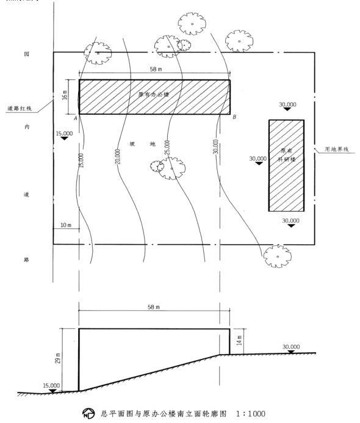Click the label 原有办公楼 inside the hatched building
pyautogui.click(x=154, y=95)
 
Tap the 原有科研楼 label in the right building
pyautogui.click(x=287, y=155)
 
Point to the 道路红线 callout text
pyautogui.click(x=20, y=109)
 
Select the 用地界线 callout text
pyautogui.click(x=337, y=149)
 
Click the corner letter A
pyautogui.click(x=76, y=118)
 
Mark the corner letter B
pyautogui.click(x=234, y=117)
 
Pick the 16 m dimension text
pyautogui.click(x=65, y=95)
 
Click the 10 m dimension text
pyautogui.click(x=66, y=225)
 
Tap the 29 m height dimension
pyautogui.click(x=58, y=358)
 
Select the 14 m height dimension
pyautogui.click(x=239, y=341)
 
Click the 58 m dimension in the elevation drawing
pyautogui.click(x=153, y=307)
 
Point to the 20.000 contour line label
pyautogui.click(x=118, y=156)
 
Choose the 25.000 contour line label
pyautogui.click(x=167, y=147)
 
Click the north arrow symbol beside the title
pyautogui.click(x=88, y=414)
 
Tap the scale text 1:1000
pyautogui.click(x=251, y=414)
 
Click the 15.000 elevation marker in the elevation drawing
pyautogui.click(x=51, y=388)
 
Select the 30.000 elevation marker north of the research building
pyautogui.click(x=287, y=106)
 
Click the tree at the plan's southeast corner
pyautogui.click(x=277, y=256)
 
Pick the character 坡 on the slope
pyautogui.click(x=132, y=144)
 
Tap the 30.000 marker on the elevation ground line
pyautogui.click(x=291, y=349)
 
